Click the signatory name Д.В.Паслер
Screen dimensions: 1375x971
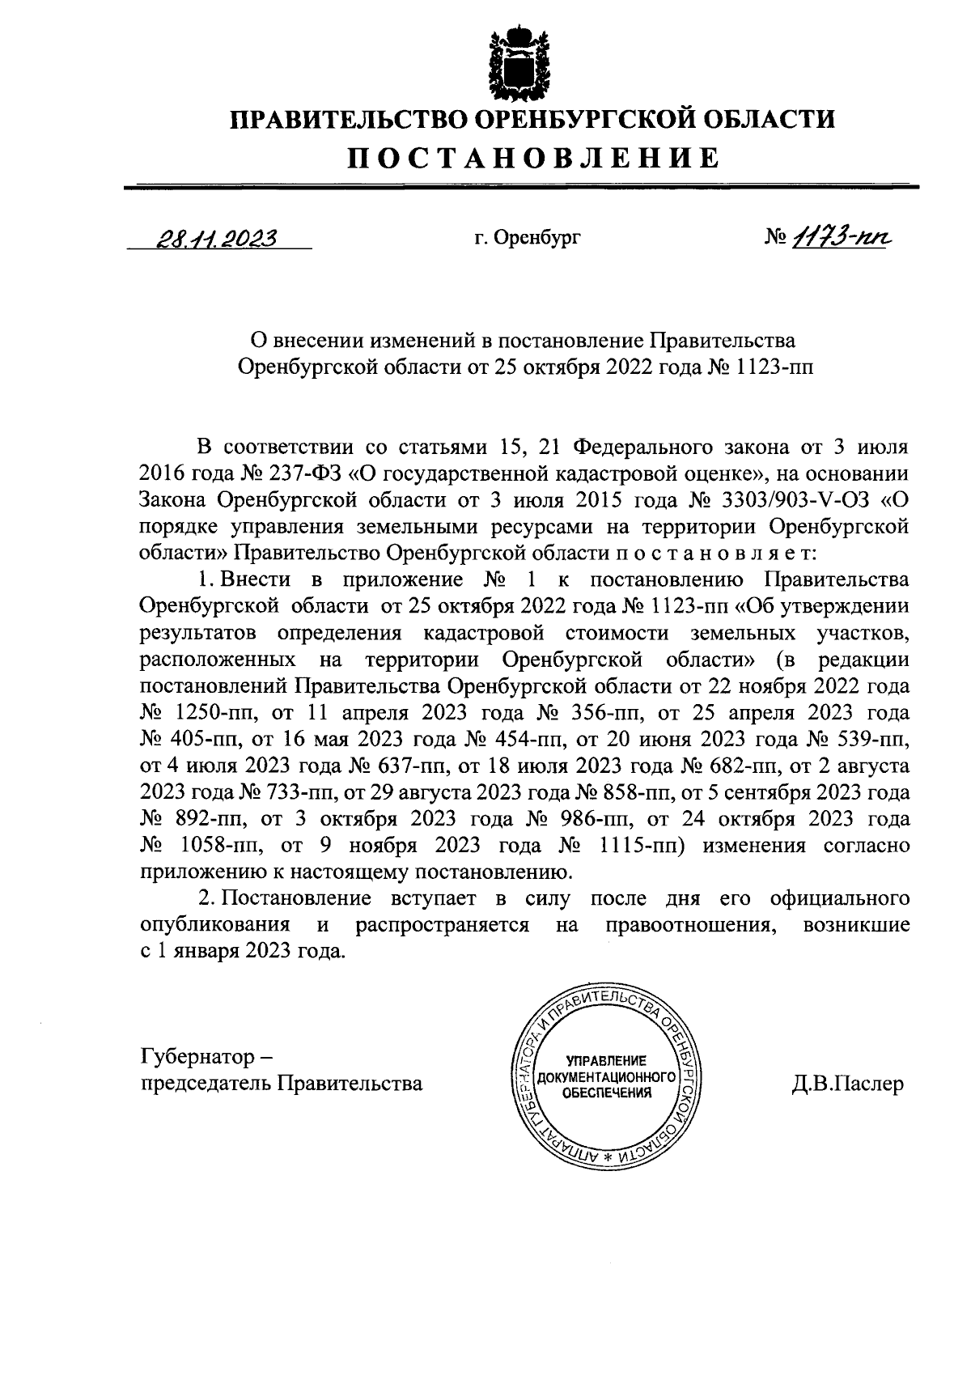pyautogui.click(x=847, y=1084)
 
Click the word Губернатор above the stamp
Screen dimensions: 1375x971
pyautogui.click(x=194, y=1056)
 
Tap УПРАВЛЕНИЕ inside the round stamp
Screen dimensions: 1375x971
pyautogui.click(x=606, y=1061)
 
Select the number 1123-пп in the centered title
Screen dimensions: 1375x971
pyautogui.click(x=774, y=367)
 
